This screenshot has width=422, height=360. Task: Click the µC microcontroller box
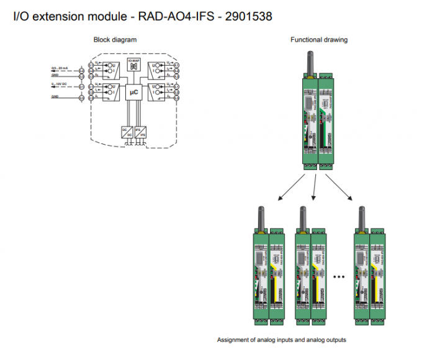[x=133, y=94]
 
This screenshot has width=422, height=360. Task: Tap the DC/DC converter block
[x=126, y=132]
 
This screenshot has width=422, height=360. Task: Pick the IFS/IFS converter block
[x=141, y=132]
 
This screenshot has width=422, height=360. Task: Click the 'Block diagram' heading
[x=115, y=40]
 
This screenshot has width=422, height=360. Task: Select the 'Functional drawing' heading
[x=319, y=40]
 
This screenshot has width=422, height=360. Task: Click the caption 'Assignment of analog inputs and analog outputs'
[x=281, y=340]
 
